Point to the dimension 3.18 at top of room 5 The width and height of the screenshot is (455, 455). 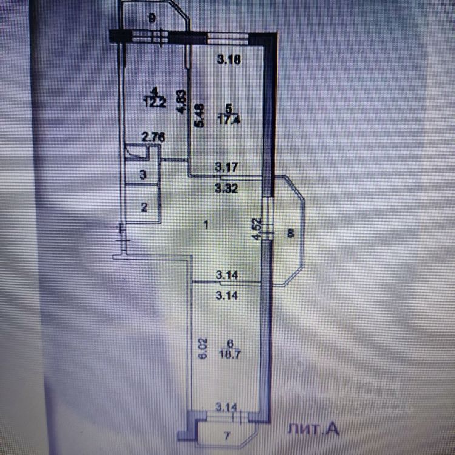click(228, 59)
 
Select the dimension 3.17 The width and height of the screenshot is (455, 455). click(228, 165)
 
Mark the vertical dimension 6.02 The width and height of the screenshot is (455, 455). click(203, 347)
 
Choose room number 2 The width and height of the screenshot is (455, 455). click(144, 207)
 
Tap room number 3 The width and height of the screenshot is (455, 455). click(143, 175)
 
